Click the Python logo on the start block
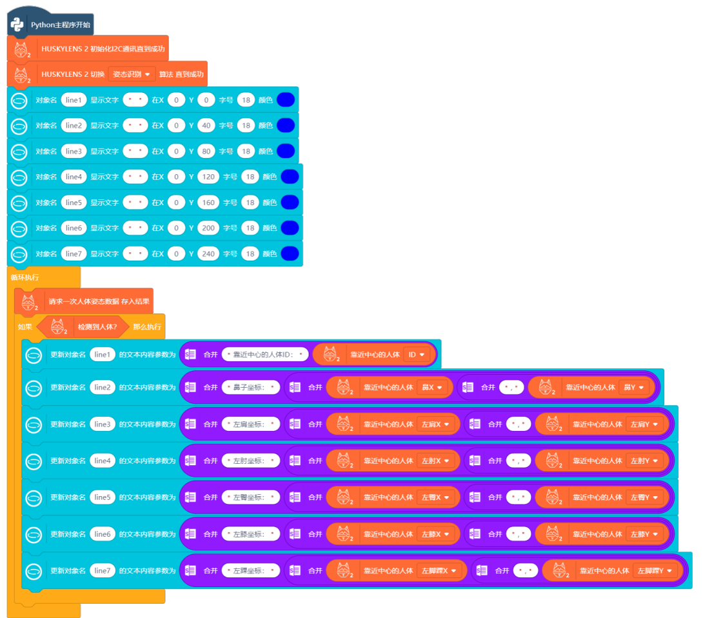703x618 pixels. click(x=18, y=25)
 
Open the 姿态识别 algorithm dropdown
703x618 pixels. click(x=132, y=74)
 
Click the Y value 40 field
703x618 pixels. click(x=206, y=125)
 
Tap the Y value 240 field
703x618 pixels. click(x=208, y=254)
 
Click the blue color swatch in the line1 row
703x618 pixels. click(x=286, y=99)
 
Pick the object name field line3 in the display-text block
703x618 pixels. click(x=74, y=151)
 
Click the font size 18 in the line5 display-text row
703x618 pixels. click(x=250, y=203)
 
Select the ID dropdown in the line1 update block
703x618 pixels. click(x=416, y=354)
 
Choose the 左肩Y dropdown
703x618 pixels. click(x=645, y=424)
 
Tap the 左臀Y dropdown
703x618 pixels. click(x=645, y=497)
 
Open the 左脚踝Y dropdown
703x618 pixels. click(x=657, y=570)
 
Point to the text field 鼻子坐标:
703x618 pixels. click(x=252, y=387)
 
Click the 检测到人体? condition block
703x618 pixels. click(x=97, y=327)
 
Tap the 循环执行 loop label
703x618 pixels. click(x=25, y=277)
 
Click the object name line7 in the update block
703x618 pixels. click(x=103, y=570)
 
